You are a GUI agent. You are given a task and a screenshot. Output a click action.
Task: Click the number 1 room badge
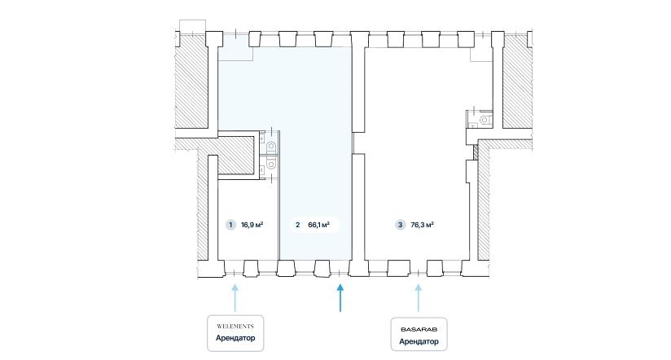tap(230, 225)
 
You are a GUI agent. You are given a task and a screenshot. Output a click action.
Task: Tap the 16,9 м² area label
tap(252, 225)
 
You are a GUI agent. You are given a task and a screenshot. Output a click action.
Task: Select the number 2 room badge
tap(298, 225)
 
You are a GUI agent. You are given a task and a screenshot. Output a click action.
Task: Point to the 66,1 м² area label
tap(319, 225)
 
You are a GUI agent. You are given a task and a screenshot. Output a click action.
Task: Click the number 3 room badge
tap(400, 225)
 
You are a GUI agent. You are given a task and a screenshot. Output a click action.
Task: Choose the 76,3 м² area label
tap(423, 225)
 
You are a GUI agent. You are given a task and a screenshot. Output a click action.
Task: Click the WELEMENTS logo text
tap(235, 326)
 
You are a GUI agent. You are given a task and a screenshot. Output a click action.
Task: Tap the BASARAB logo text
tap(419, 330)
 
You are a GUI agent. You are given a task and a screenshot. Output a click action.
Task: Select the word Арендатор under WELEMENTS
tap(235, 338)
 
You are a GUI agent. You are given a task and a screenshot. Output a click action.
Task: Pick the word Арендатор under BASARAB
tap(419, 341)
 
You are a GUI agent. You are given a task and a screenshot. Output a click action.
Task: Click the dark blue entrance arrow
tap(340, 298)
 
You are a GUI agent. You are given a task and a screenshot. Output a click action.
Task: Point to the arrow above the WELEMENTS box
tap(235, 298)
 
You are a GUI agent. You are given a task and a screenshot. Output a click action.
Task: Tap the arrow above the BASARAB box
tap(419, 298)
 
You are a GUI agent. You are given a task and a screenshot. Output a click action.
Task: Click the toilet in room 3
tap(485, 120)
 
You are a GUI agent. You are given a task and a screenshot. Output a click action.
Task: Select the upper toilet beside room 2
tap(271, 147)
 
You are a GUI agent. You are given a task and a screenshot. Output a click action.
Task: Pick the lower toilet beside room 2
tap(271, 163)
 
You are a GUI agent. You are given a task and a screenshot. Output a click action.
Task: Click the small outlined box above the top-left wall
tap(192, 26)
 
